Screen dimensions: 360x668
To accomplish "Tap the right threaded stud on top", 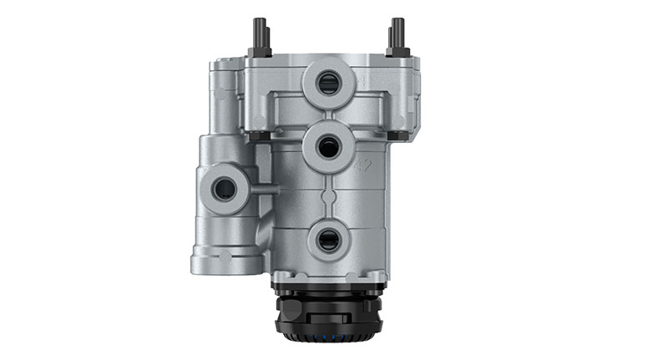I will tap(397, 33).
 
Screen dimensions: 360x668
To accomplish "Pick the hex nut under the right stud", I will tap(397, 51).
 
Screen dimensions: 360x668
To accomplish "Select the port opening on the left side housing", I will tap(224, 189).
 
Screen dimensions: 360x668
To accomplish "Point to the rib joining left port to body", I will tap(263, 190).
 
